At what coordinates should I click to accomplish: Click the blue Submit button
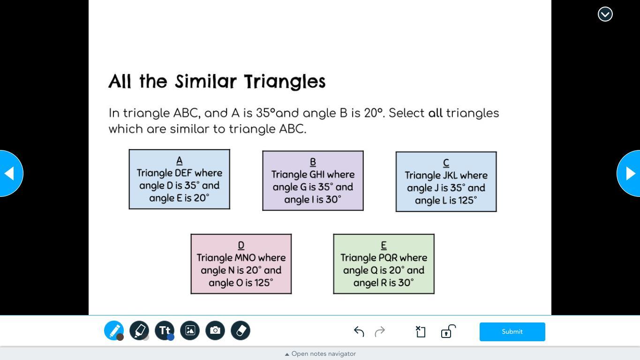tap(512, 332)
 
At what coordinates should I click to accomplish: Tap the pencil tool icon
tap(114, 330)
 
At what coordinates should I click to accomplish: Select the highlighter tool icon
tap(139, 330)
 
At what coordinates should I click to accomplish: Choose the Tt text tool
tap(165, 330)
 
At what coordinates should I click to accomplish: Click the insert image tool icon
tap(190, 330)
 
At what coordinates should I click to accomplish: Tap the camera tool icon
tap(215, 330)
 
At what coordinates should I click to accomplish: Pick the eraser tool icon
tap(241, 330)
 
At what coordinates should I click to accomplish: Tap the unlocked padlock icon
tap(448, 331)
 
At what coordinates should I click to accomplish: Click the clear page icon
tap(420, 332)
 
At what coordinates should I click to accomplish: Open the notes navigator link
tap(321, 354)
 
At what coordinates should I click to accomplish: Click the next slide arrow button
tap(629, 173)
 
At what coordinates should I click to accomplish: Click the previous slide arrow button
tap(11, 173)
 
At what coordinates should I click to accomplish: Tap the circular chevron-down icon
tap(605, 14)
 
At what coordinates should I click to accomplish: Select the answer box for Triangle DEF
tap(180, 179)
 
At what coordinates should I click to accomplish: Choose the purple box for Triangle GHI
tap(313, 180)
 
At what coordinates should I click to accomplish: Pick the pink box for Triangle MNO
tap(241, 264)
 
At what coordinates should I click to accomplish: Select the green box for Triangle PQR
tap(384, 264)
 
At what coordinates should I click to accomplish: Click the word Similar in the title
tap(206, 82)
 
